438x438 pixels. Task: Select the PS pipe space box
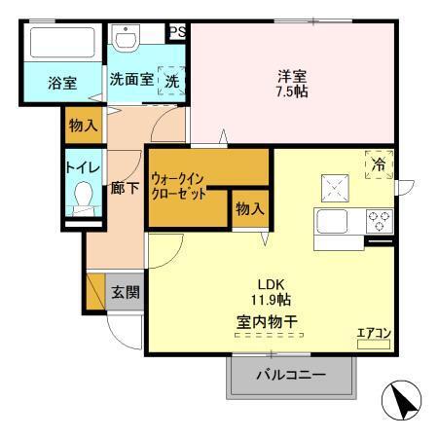[178, 32]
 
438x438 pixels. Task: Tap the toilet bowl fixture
[82, 200]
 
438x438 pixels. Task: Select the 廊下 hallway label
[124, 189]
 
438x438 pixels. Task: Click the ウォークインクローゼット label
[181, 185]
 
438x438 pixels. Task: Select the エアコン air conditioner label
[373, 332]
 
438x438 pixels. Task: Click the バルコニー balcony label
[289, 376]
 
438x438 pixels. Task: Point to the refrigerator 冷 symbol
[377, 165]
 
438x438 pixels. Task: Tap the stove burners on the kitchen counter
[378, 220]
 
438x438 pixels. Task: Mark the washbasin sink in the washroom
[127, 39]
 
